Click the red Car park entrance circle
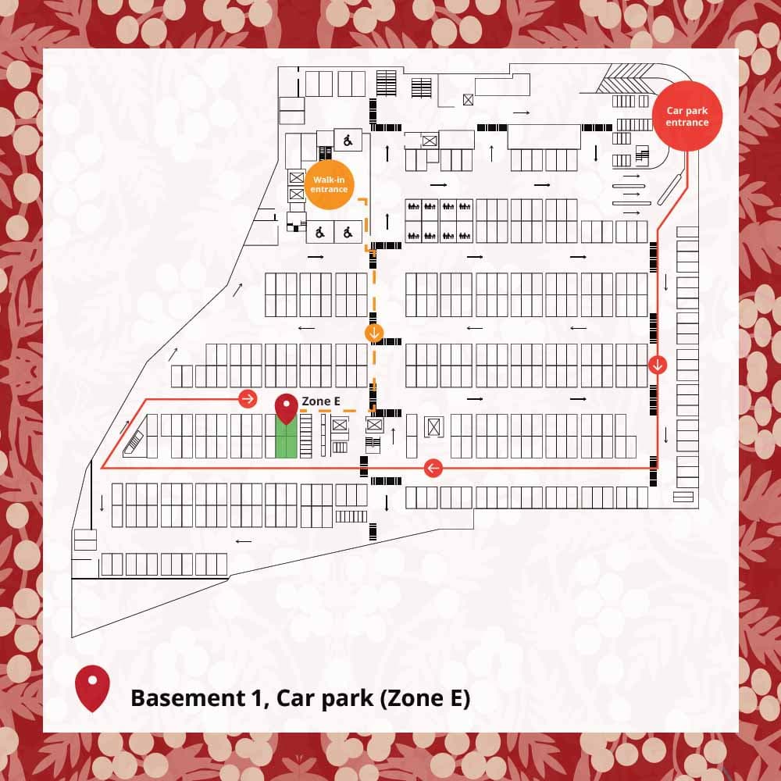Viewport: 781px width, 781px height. [687, 116]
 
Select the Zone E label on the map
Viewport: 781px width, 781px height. [320, 401]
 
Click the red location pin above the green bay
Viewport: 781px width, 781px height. [287, 407]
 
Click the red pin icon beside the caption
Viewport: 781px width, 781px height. [92, 687]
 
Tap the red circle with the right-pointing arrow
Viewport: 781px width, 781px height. [248, 399]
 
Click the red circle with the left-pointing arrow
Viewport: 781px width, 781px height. [433, 468]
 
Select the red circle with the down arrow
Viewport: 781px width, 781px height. [658, 365]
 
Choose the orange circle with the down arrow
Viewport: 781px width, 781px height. [375, 333]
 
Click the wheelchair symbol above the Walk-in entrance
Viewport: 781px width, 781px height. [348, 141]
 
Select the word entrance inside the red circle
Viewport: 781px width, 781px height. [687, 122]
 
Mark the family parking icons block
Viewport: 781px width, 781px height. [439, 220]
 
